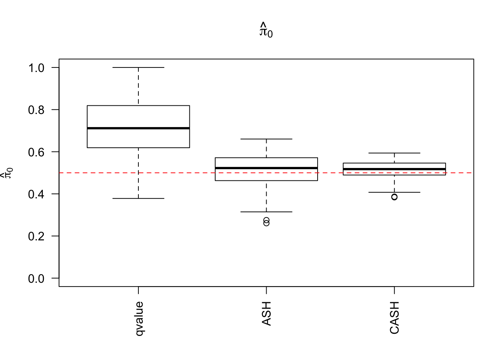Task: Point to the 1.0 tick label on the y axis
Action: tap(36, 68)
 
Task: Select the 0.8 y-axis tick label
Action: tap(36, 110)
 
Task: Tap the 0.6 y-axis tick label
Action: tap(36, 152)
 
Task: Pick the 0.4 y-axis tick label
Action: tap(36, 194)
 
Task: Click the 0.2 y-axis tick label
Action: tap(36, 236)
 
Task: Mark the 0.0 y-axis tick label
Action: tap(36, 278)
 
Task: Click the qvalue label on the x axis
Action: tap(139, 318)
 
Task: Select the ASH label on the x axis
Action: tap(266, 313)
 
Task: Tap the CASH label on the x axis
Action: tap(394, 317)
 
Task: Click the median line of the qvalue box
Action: tap(138, 128)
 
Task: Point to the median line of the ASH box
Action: tap(266, 168)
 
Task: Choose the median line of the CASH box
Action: tap(394, 169)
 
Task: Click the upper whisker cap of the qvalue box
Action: tap(138, 67)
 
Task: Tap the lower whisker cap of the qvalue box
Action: tap(138, 198)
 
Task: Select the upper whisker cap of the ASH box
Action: tap(266, 139)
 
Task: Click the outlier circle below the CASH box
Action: tap(394, 197)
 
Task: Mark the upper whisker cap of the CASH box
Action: tap(394, 153)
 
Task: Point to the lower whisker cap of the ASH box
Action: tap(266, 212)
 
